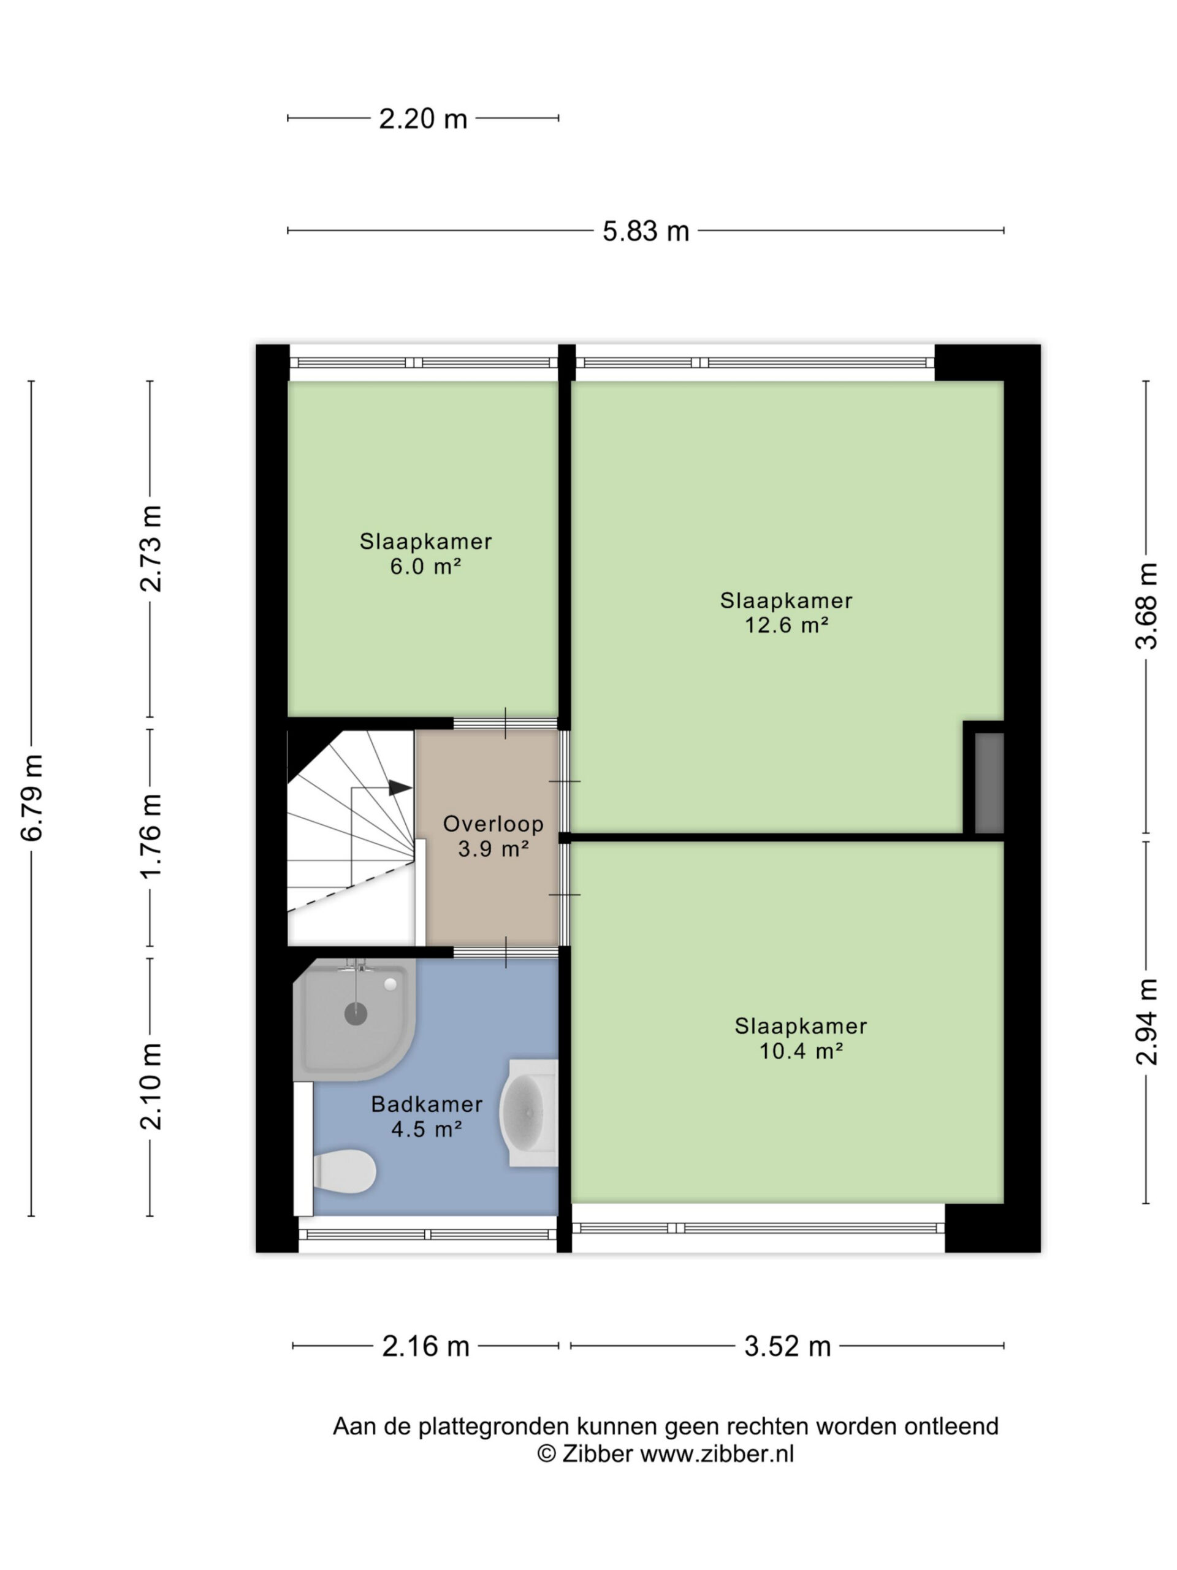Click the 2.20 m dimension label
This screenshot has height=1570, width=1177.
tap(423, 118)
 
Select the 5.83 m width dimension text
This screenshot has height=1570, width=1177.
tap(646, 231)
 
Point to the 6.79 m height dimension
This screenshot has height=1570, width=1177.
tap(32, 797)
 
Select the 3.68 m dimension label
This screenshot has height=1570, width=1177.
tap(1146, 606)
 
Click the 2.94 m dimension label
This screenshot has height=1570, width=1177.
tap(1146, 1022)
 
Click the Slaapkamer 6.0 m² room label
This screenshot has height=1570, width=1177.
tap(425, 554)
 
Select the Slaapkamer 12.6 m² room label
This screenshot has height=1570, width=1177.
tap(786, 613)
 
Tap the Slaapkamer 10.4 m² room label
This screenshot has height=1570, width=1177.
tap(800, 1038)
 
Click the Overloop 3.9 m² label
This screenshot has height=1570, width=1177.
tap(493, 835)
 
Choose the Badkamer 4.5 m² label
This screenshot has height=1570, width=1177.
tap(427, 1116)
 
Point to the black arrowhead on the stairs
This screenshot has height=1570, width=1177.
tap(400, 787)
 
